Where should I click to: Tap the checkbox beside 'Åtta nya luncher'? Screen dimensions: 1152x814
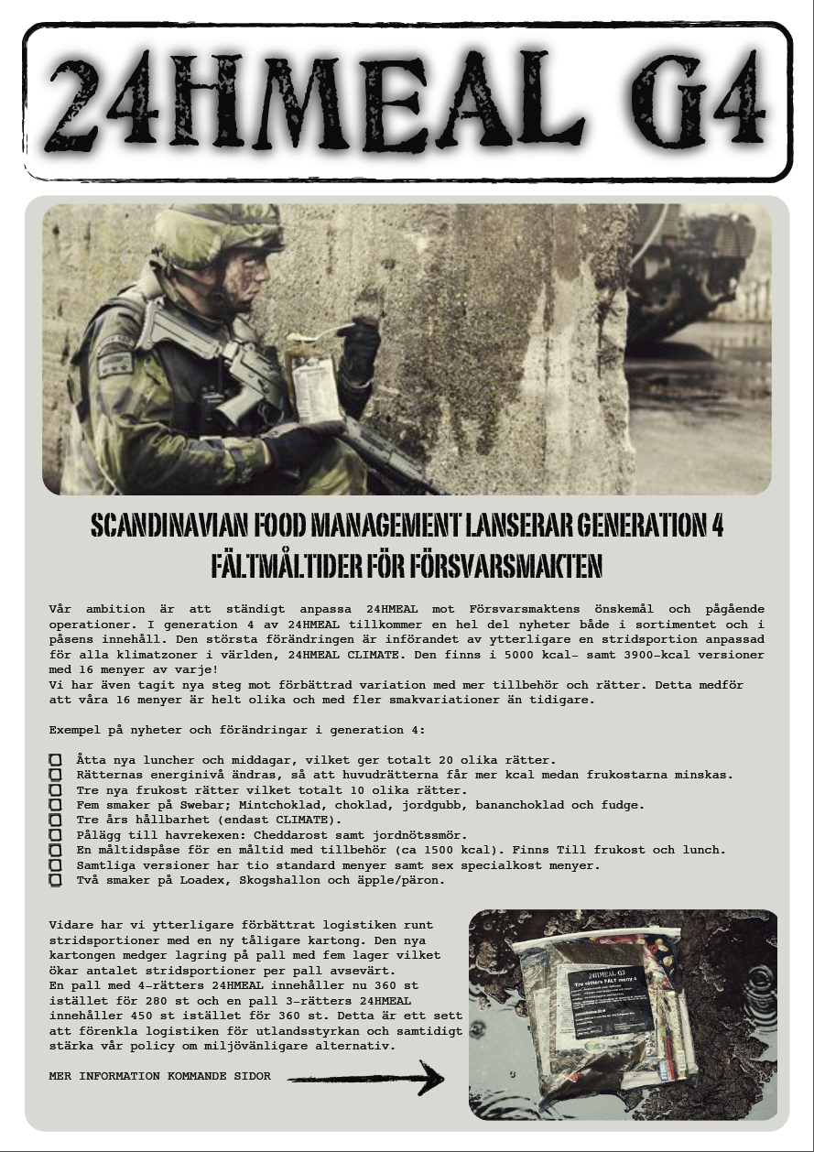click(56, 761)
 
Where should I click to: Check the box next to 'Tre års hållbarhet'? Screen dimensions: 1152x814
click(56, 821)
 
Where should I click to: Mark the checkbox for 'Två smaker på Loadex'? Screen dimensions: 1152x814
click(56, 880)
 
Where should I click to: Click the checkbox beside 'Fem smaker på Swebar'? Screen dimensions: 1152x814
click(56, 806)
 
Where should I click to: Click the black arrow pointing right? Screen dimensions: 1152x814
click(366, 1078)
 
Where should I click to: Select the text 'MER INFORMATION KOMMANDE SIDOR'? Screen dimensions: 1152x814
click(160, 1077)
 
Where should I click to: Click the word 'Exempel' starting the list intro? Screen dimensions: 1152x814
click(74, 731)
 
